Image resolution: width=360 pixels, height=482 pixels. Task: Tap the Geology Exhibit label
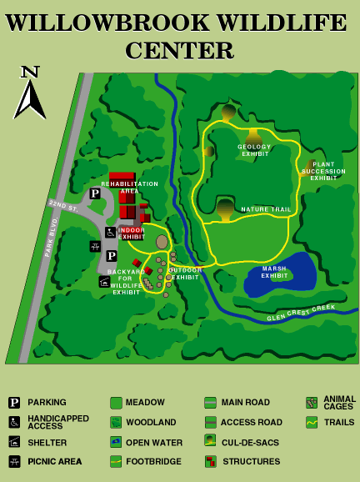coord(255,151)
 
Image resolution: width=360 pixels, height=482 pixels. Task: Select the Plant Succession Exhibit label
coord(323,171)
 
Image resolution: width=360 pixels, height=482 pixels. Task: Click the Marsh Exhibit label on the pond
coord(274,272)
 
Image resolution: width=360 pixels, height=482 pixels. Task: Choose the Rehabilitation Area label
coord(129,187)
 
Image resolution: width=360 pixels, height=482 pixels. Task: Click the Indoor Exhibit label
coord(131,233)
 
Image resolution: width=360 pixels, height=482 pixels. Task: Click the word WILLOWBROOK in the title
coord(92,23)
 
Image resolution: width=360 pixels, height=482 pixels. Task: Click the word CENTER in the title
coord(179,52)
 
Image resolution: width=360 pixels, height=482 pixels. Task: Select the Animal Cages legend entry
coord(339,403)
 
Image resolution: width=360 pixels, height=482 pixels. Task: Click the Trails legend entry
coord(338,423)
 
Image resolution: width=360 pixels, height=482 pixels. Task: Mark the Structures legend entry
coord(250,461)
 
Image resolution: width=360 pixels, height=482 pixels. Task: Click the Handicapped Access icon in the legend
coord(14,422)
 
